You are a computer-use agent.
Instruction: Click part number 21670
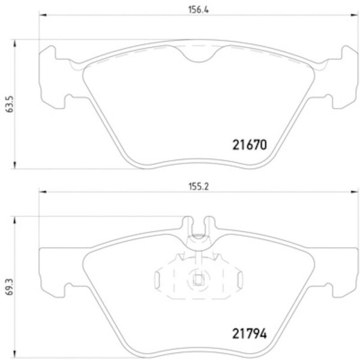248,145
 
